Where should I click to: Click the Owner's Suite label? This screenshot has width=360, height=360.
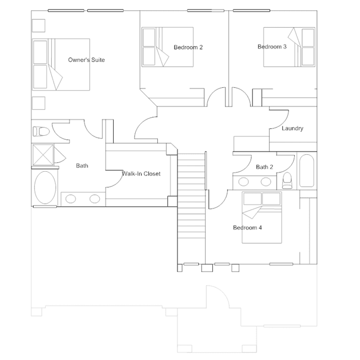tap(86, 60)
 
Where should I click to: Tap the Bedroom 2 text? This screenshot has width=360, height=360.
tap(188, 47)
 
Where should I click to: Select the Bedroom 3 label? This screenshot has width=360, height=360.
tap(272, 47)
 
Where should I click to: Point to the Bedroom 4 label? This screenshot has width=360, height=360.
tap(247, 228)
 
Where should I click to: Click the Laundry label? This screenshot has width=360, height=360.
tap(292, 128)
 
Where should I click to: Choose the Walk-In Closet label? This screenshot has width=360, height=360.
tap(141, 174)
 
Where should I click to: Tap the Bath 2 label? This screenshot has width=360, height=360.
tap(264, 167)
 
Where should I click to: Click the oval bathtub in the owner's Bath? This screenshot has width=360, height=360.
tap(45, 188)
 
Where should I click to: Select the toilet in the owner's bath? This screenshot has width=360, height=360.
tap(41, 132)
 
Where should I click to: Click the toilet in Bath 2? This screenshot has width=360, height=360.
tap(287, 180)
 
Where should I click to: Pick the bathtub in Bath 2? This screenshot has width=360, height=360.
tap(306, 171)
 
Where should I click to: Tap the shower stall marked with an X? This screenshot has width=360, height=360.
tap(43, 155)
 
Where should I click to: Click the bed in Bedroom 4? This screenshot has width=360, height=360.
tap(262, 217)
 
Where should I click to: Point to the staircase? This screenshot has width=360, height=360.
tap(192, 208)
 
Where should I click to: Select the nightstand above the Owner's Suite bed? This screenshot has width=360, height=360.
tap(38, 25)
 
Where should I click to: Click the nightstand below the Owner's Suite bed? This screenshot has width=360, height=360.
tap(38, 103)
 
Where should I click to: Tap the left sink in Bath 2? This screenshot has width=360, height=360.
tap(243, 182)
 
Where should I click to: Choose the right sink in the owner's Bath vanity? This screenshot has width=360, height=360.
tap(95, 199)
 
